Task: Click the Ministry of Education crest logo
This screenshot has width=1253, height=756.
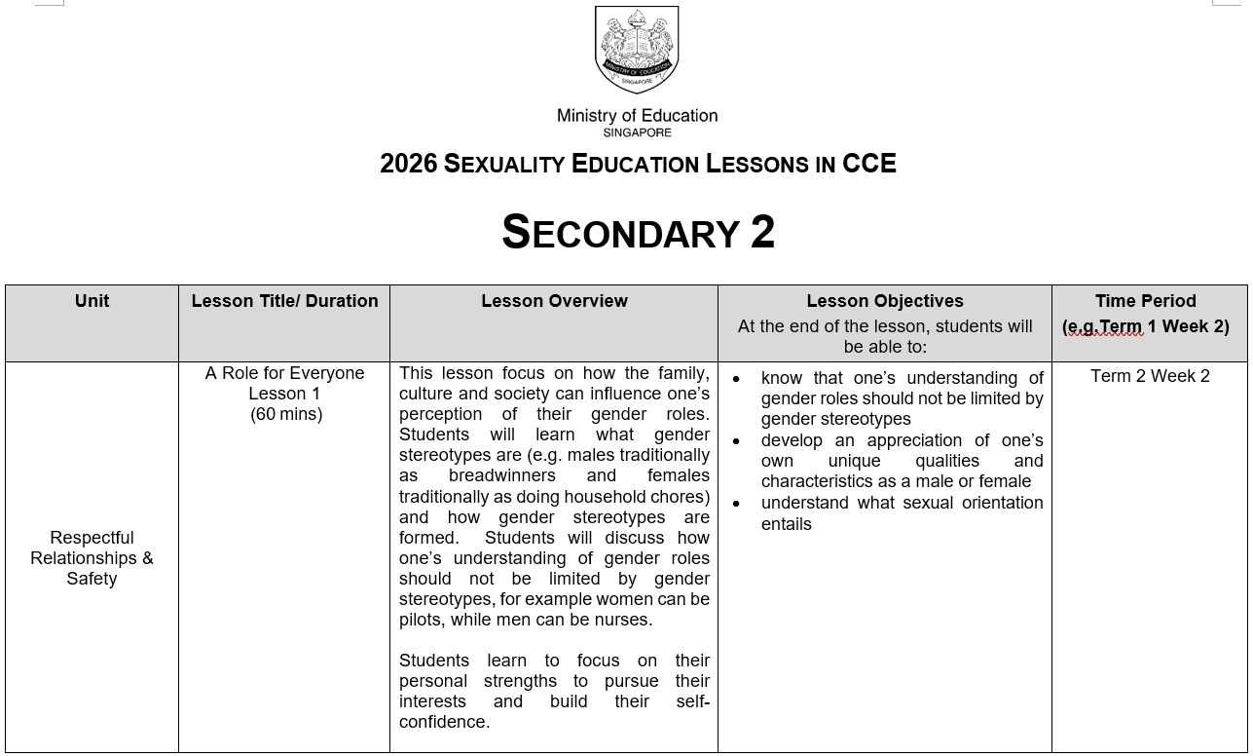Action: pos(637,49)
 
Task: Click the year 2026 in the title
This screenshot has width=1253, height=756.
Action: pos(408,164)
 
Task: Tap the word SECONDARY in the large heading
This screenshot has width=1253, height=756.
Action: pos(620,234)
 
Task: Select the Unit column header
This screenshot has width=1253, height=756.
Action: pos(92,301)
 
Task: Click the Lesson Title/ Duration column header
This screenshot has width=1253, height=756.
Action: pos(284,301)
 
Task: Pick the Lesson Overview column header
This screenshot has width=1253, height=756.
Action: pos(554,301)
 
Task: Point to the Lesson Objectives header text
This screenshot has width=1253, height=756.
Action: pos(884,301)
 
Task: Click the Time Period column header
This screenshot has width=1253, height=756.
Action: pos(1145,301)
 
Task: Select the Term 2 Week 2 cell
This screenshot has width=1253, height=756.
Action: pos(1150,376)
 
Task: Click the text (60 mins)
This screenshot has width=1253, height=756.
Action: pos(286,414)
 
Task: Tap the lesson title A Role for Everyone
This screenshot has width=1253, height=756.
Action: pos(284,373)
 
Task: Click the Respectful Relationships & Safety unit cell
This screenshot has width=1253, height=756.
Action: pos(92,558)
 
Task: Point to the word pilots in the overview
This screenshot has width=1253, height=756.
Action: pos(422,620)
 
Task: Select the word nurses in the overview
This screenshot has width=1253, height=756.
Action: pos(623,620)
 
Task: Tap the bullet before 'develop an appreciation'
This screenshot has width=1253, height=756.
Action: pos(737,441)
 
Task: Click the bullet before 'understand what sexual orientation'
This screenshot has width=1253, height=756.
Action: pos(737,504)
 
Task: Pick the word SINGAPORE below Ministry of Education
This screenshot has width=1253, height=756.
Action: pos(637,132)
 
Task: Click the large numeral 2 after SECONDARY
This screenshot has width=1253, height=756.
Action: pos(762,233)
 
